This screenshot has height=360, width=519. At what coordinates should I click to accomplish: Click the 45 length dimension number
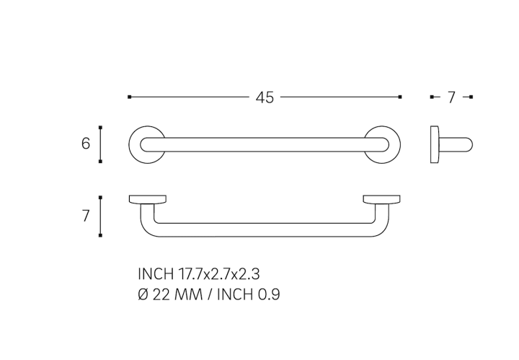265,97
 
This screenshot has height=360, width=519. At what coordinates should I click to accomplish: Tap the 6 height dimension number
86,144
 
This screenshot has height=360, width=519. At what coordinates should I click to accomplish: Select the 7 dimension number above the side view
451,97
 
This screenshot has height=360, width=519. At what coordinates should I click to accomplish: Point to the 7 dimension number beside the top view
86,216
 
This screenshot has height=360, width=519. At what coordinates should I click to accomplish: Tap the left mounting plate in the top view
147,198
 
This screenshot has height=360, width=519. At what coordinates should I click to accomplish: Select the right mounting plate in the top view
381,198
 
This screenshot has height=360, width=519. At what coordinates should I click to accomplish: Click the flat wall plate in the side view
434,144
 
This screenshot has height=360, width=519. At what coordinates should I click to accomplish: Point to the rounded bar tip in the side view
470,145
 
